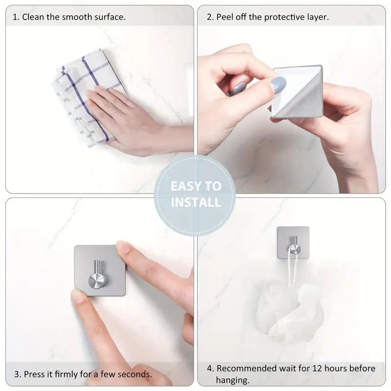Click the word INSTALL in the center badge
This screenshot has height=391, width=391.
[195, 202]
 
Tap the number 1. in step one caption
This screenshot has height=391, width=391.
[16, 17]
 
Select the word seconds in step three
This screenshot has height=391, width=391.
[135, 374]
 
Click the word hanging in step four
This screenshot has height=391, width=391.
[233, 380]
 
